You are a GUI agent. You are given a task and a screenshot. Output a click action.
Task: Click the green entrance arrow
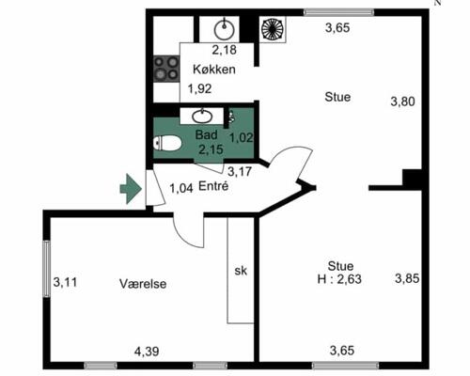point(131,189)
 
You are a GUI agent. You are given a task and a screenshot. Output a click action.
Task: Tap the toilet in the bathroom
point(167,143)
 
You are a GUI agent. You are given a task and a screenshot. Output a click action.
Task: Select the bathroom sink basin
point(202,117)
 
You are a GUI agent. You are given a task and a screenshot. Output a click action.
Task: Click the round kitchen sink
point(225,30)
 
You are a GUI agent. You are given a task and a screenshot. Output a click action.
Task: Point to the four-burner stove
point(166,69)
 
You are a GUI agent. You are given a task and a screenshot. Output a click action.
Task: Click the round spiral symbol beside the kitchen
point(273,29)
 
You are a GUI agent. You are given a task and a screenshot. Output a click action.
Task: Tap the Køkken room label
point(214,70)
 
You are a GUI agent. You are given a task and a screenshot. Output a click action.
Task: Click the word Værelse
point(143,284)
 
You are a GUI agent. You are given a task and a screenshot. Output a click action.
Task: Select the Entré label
point(213,186)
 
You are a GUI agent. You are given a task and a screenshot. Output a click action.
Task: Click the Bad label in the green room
point(206,135)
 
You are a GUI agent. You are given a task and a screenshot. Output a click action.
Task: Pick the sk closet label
point(241,271)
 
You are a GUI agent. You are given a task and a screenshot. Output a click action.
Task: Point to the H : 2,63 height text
point(339,279)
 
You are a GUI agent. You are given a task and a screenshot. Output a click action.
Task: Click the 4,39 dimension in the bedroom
point(147,352)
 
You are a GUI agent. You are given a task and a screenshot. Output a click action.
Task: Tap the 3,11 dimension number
point(65,282)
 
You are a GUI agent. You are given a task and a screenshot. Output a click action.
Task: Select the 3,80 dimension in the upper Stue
point(402,102)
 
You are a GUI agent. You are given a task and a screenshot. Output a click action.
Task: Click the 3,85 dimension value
point(407,278)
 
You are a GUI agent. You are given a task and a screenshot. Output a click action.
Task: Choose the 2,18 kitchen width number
point(225,50)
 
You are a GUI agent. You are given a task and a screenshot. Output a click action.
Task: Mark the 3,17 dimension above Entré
point(240,171)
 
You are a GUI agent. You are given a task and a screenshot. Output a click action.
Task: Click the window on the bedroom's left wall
point(47,269)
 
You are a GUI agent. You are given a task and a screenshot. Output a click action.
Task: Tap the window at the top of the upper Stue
point(339,12)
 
